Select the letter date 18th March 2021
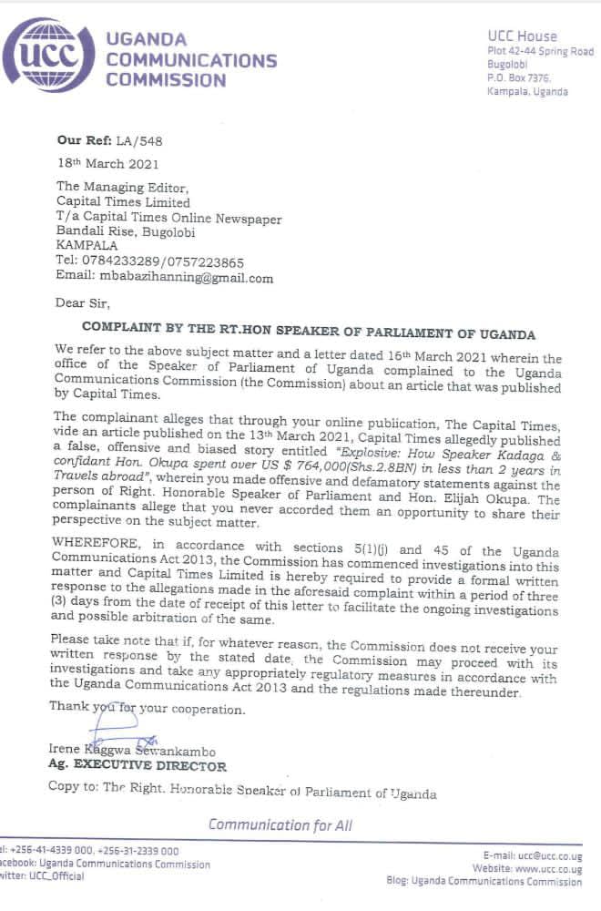(x=107, y=164)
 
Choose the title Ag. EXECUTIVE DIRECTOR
(x=138, y=766)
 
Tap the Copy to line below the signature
(x=242, y=793)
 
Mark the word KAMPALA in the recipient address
(x=87, y=246)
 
